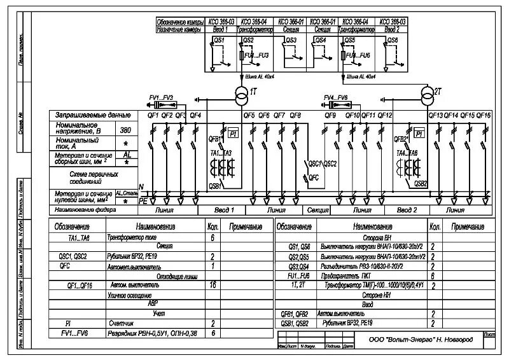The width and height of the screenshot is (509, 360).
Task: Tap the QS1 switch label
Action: [218, 39]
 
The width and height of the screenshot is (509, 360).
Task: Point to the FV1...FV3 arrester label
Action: [161, 97]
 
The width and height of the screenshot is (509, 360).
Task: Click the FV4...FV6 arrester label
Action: [335, 97]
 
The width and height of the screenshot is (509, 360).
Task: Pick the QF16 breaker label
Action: [484, 115]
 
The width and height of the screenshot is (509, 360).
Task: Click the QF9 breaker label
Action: [330, 115]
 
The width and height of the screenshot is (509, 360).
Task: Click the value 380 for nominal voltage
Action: [126, 130]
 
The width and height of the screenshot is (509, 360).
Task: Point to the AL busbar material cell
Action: [127, 155]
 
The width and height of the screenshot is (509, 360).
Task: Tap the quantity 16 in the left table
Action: [212, 286]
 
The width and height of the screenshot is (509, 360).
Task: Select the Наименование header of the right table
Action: [368, 226]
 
